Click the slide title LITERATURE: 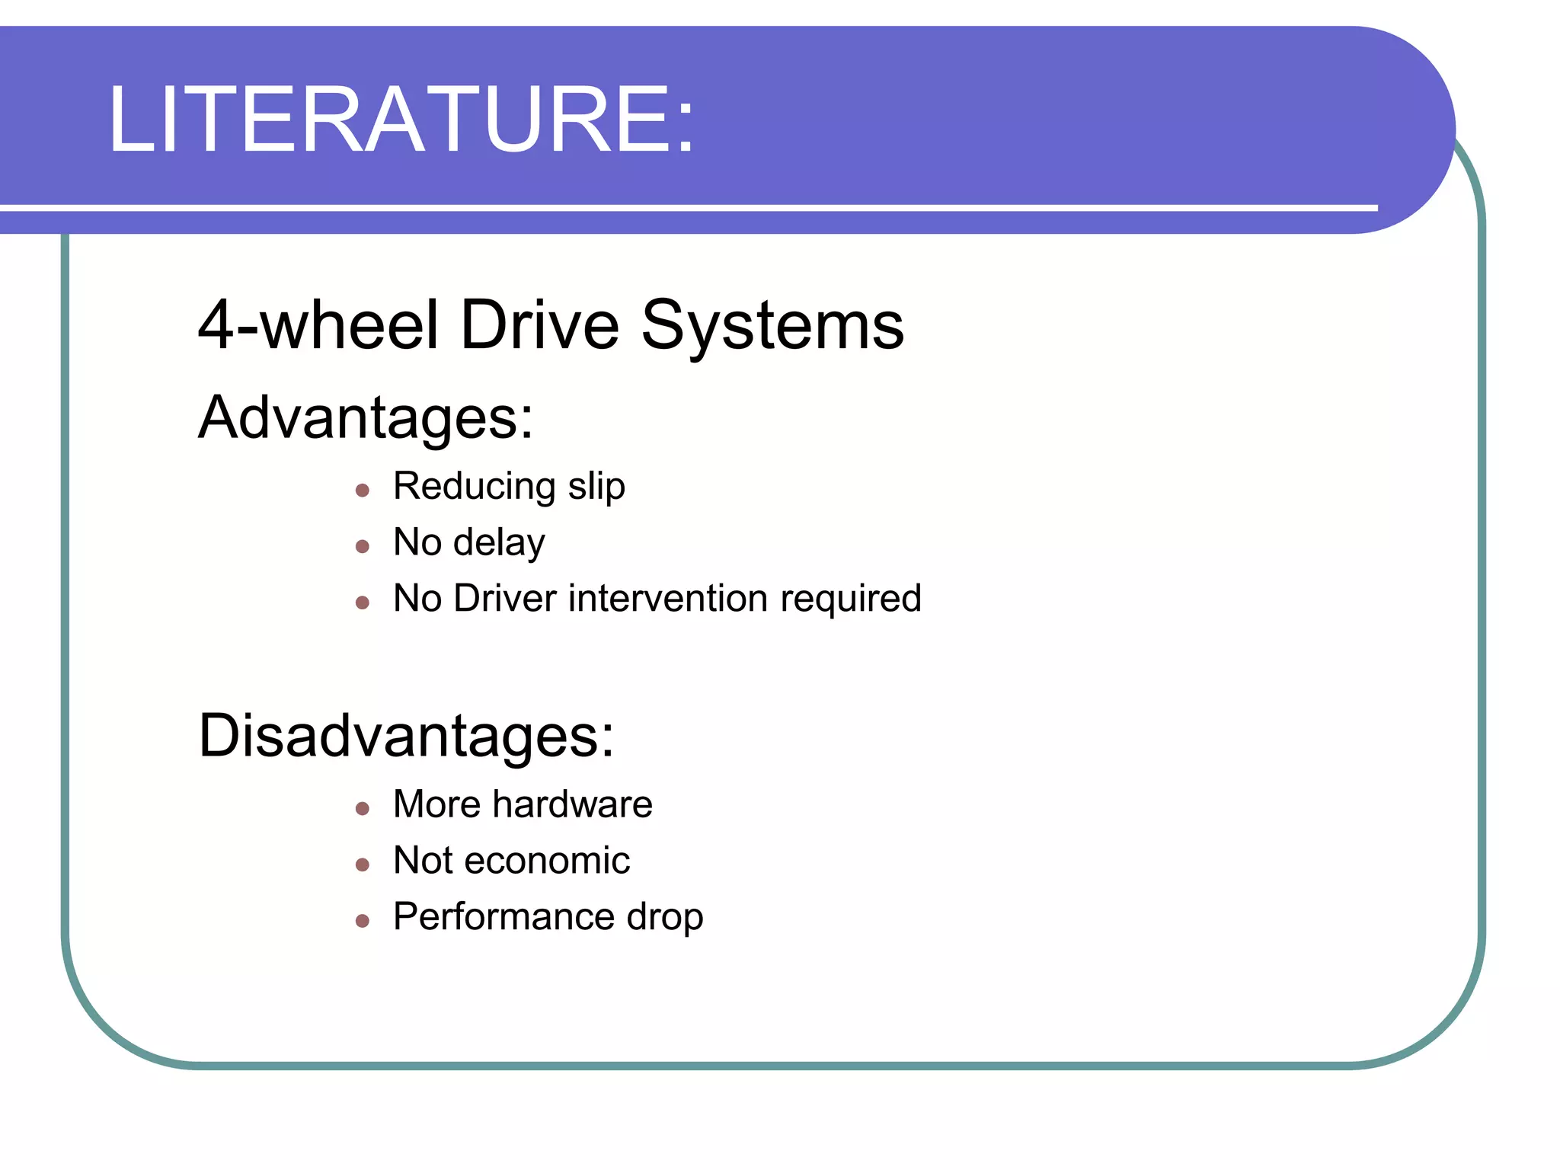[401, 120]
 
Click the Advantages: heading [366, 417]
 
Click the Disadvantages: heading [406, 736]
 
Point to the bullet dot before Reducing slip [363, 491]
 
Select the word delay [499, 543]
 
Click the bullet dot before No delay [363, 546]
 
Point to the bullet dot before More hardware [363, 809]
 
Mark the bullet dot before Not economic [363, 865]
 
